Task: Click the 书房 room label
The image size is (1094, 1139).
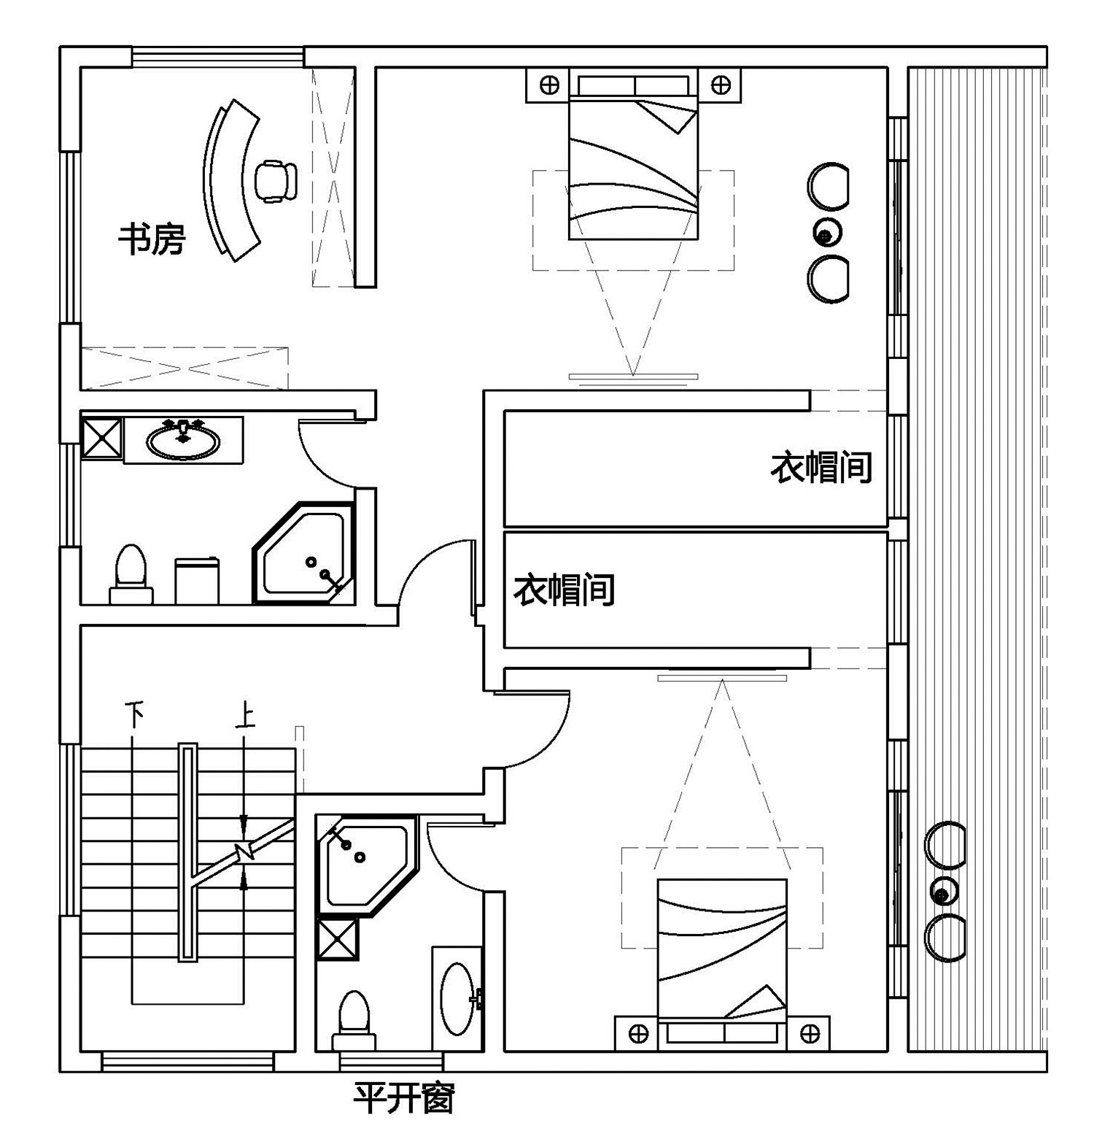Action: pyautogui.click(x=152, y=239)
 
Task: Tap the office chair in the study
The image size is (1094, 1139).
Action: pyautogui.click(x=275, y=180)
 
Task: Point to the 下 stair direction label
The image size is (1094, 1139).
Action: pyautogui.click(x=133, y=714)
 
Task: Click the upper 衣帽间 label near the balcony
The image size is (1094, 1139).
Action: pyautogui.click(x=821, y=467)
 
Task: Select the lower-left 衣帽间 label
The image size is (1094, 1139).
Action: pyautogui.click(x=564, y=590)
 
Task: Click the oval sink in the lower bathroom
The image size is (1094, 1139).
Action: pyautogui.click(x=458, y=998)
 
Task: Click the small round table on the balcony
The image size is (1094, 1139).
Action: pyautogui.click(x=942, y=893)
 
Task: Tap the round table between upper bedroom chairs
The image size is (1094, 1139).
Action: pyautogui.click(x=826, y=234)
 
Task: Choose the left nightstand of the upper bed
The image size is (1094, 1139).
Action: pyautogui.click(x=548, y=85)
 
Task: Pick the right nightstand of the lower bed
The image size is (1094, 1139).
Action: pyautogui.click(x=809, y=1033)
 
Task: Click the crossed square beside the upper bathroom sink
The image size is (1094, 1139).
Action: pyautogui.click(x=101, y=436)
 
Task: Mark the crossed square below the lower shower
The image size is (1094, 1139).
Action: pyautogui.click(x=338, y=939)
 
